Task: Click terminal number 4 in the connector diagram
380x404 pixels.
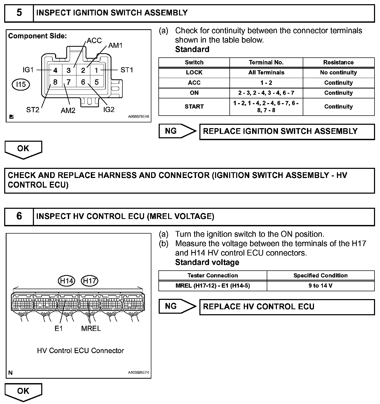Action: click(x=55, y=70)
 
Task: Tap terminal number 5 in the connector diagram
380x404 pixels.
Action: click(x=97, y=82)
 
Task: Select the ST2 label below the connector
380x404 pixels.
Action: click(x=33, y=110)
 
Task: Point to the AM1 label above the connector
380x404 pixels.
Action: click(x=115, y=45)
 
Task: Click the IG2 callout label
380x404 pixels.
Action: click(x=109, y=110)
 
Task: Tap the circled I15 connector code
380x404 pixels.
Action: click(x=21, y=84)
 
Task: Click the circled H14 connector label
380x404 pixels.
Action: click(x=66, y=281)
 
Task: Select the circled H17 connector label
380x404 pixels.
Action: click(x=90, y=281)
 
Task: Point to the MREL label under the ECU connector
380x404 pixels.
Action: click(x=91, y=328)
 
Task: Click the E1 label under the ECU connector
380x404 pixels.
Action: click(x=59, y=328)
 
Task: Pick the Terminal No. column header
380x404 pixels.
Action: click(x=266, y=62)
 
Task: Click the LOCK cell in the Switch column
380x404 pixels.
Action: click(x=194, y=73)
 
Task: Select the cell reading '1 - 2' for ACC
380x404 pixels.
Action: click(x=266, y=83)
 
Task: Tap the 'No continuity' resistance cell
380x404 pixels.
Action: click(x=338, y=73)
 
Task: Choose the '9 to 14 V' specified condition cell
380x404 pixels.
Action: click(x=320, y=286)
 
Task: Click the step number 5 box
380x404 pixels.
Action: click(x=19, y=13)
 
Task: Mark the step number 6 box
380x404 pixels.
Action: click(x=19, y=216)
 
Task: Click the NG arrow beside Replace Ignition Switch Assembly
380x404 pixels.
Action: click(x=177, y=131)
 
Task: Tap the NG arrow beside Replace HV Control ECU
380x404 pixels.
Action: click(x=177, y=306)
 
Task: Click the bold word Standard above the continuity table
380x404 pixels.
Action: click(x=192, y=49)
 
